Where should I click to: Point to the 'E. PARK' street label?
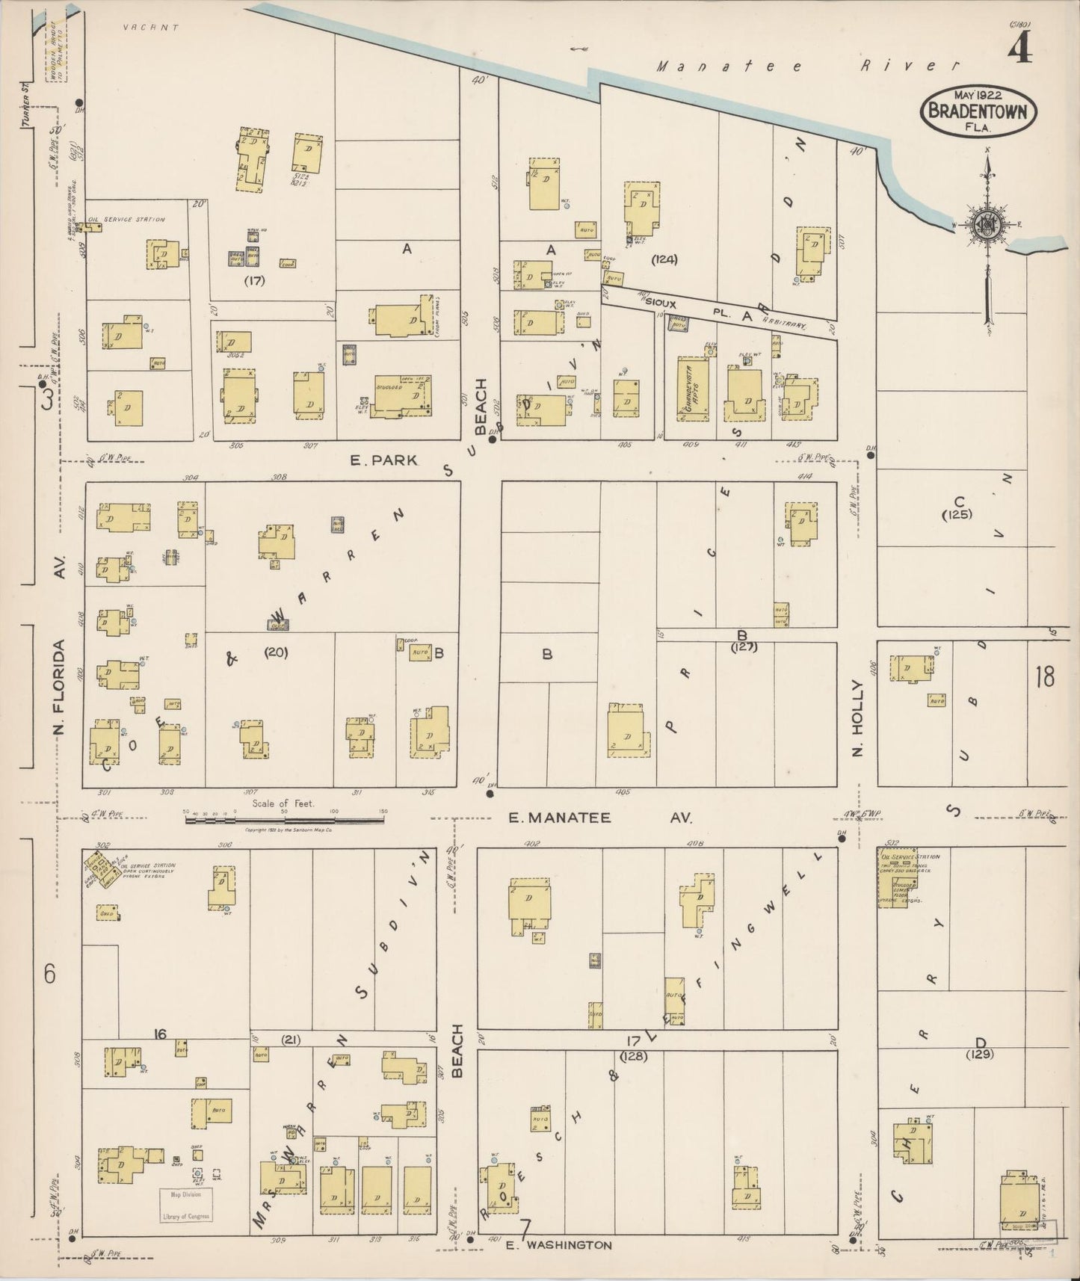click(383, 461)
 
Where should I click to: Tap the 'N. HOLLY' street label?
click(857, 717)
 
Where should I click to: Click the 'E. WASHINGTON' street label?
click(558, 1245)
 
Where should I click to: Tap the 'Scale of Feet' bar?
click(284, 819)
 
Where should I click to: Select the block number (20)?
click(276, 652)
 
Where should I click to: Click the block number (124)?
click(664, 259)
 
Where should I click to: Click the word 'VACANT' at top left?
click(152, 28)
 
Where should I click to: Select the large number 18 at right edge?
click(1044, 677)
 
